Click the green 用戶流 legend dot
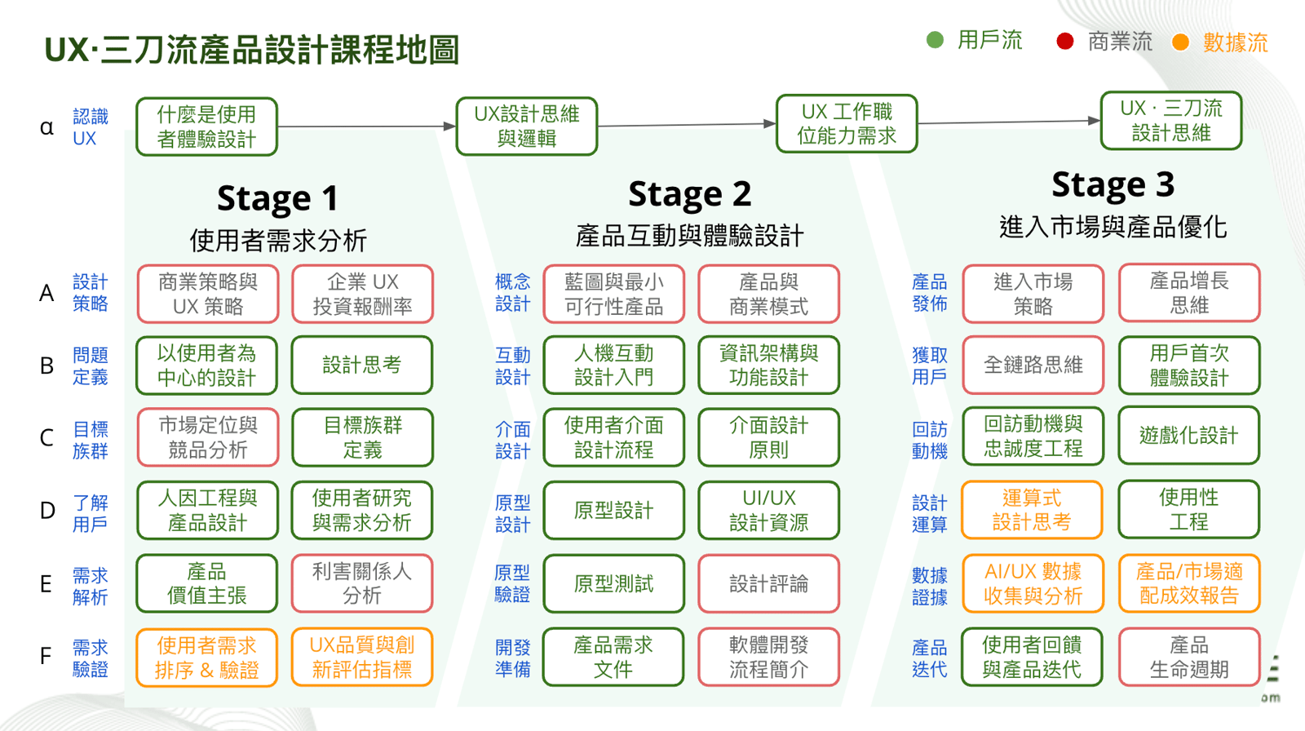(936, 40)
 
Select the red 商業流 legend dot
(1064, 42)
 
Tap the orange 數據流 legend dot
(1180, 42)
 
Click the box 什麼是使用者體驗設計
(206, 126)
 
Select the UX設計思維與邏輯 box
(527, 126)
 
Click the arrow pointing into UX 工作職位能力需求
(768, 124)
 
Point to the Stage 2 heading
(689, 194)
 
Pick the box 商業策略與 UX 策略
(207, 294)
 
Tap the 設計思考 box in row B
(361, 365)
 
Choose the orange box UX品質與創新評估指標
(361, 658)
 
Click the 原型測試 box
(613, 584)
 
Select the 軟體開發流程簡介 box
(768, 658)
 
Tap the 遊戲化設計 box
(1188, 436)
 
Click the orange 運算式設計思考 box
(1032, 510)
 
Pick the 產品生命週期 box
(1188, 658)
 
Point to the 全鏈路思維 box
(1033, 365)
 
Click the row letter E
(46, 584)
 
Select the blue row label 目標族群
(90, 440)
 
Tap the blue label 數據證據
(929, 586)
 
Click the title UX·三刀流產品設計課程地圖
(252, 50)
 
